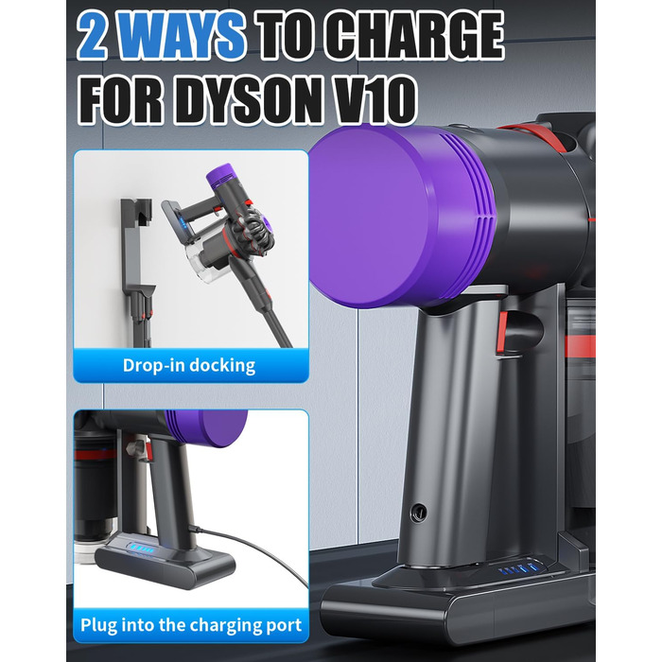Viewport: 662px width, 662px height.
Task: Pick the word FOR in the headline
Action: (x=123, y=98)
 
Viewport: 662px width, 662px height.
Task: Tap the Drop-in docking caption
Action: (x=189, y=365)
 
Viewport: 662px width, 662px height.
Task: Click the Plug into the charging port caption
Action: (x=192, y=625)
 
